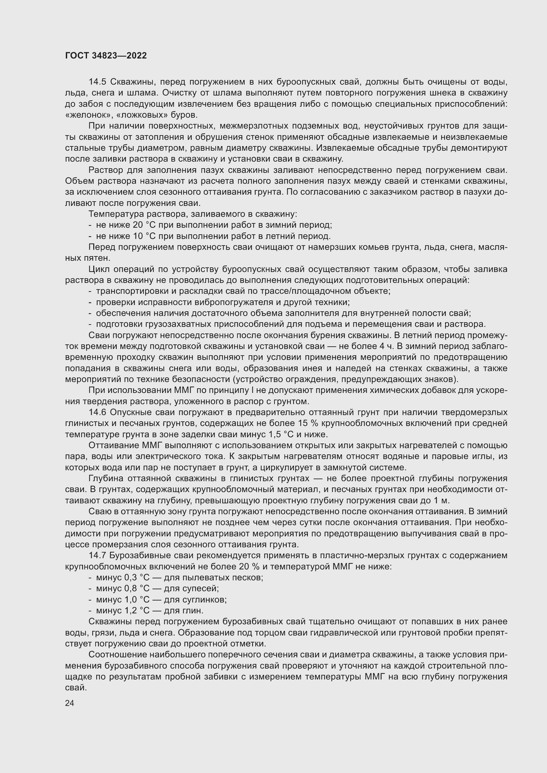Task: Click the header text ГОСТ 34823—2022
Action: (x=106, y=56)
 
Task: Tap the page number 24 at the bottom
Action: (x=70, y=703)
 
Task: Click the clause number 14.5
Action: (x=97, y=82)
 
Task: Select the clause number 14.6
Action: (x=97, y=412)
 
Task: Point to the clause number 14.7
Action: (x=97, y=556)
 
